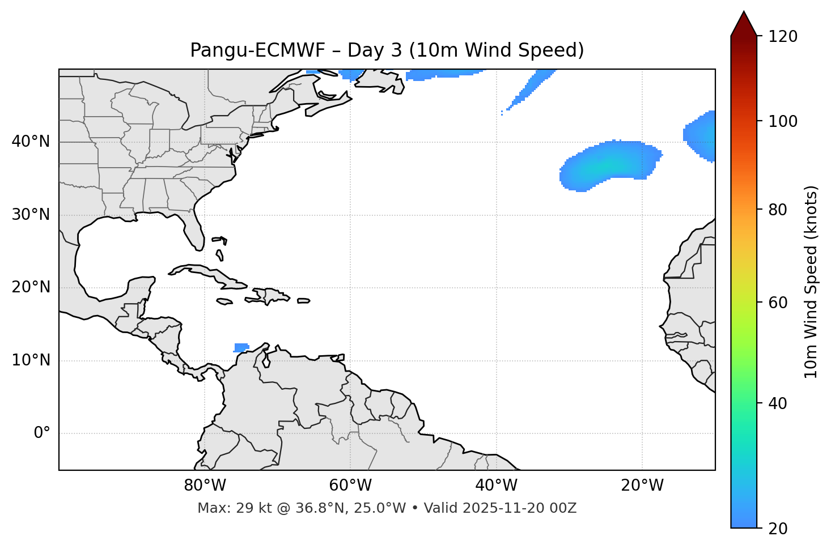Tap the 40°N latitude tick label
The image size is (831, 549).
click(31, 142)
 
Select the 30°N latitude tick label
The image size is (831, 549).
click(31, 215)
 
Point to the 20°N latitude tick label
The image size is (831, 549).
click(31, 288)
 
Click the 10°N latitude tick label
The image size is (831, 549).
click(31, 360)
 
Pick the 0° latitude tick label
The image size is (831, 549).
click(42, 433)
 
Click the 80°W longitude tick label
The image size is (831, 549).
click(205, 486)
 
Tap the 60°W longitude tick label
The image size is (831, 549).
click(350, 486)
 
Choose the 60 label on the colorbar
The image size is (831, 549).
click(778, 303)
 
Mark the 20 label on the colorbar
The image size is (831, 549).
click(778, 528)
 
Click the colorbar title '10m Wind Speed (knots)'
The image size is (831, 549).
click(811, 282)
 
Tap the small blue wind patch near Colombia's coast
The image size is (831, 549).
click(241, 347)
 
